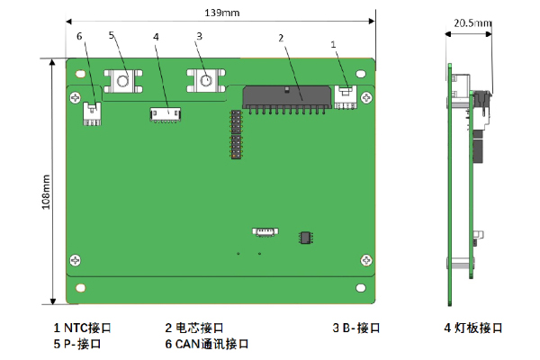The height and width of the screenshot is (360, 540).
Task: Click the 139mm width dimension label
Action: tap(221, 13)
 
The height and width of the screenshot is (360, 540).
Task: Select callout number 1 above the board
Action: tap(334, 42)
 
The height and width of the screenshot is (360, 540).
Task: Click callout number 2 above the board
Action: tap(281, 38)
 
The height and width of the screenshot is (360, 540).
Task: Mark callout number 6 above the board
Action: tap(79, 36)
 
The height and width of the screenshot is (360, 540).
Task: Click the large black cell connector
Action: tap(286, 95)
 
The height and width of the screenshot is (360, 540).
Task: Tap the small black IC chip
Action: tap(307, 238)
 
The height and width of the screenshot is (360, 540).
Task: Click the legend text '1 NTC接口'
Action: tap(83, 328)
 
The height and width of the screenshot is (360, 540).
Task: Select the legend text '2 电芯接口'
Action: tap(193, 328)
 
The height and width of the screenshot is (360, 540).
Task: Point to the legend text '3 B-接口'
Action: tap(359, 328)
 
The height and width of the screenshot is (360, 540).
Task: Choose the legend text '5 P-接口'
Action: tap(77, 344)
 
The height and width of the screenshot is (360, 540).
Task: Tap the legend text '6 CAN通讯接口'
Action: tap(206, 344)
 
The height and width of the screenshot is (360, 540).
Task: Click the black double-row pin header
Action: tap(236, 135)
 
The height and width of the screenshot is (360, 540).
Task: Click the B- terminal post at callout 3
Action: tap(205, 81)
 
